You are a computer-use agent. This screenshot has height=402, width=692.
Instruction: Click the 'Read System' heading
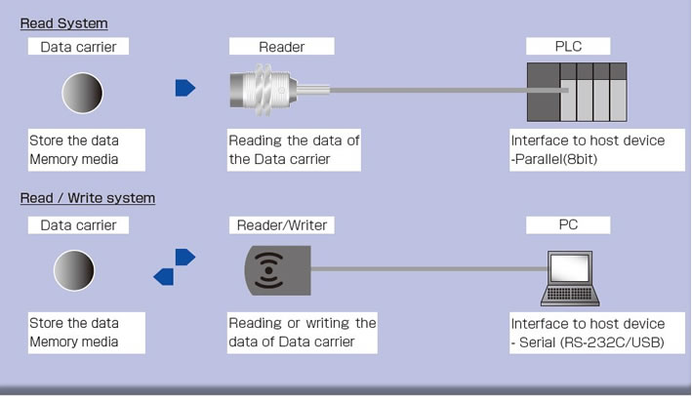(64, 22)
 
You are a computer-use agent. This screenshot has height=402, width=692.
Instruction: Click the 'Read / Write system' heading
(88, 198)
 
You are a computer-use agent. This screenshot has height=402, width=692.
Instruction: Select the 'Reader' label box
(281, 47)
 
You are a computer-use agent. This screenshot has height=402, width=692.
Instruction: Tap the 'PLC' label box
(568, 47)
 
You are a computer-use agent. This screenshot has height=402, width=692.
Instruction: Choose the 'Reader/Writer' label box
(281, 225)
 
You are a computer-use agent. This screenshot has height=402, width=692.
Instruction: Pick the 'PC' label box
(568, 225)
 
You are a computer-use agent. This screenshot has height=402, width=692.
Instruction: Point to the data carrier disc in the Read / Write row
(76, 270)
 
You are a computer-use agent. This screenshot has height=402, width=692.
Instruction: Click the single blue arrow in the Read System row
(184, 89)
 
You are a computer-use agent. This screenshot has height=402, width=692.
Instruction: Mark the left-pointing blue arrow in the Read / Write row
(164, 277)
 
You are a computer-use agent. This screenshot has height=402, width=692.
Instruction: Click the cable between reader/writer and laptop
(429, 268)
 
